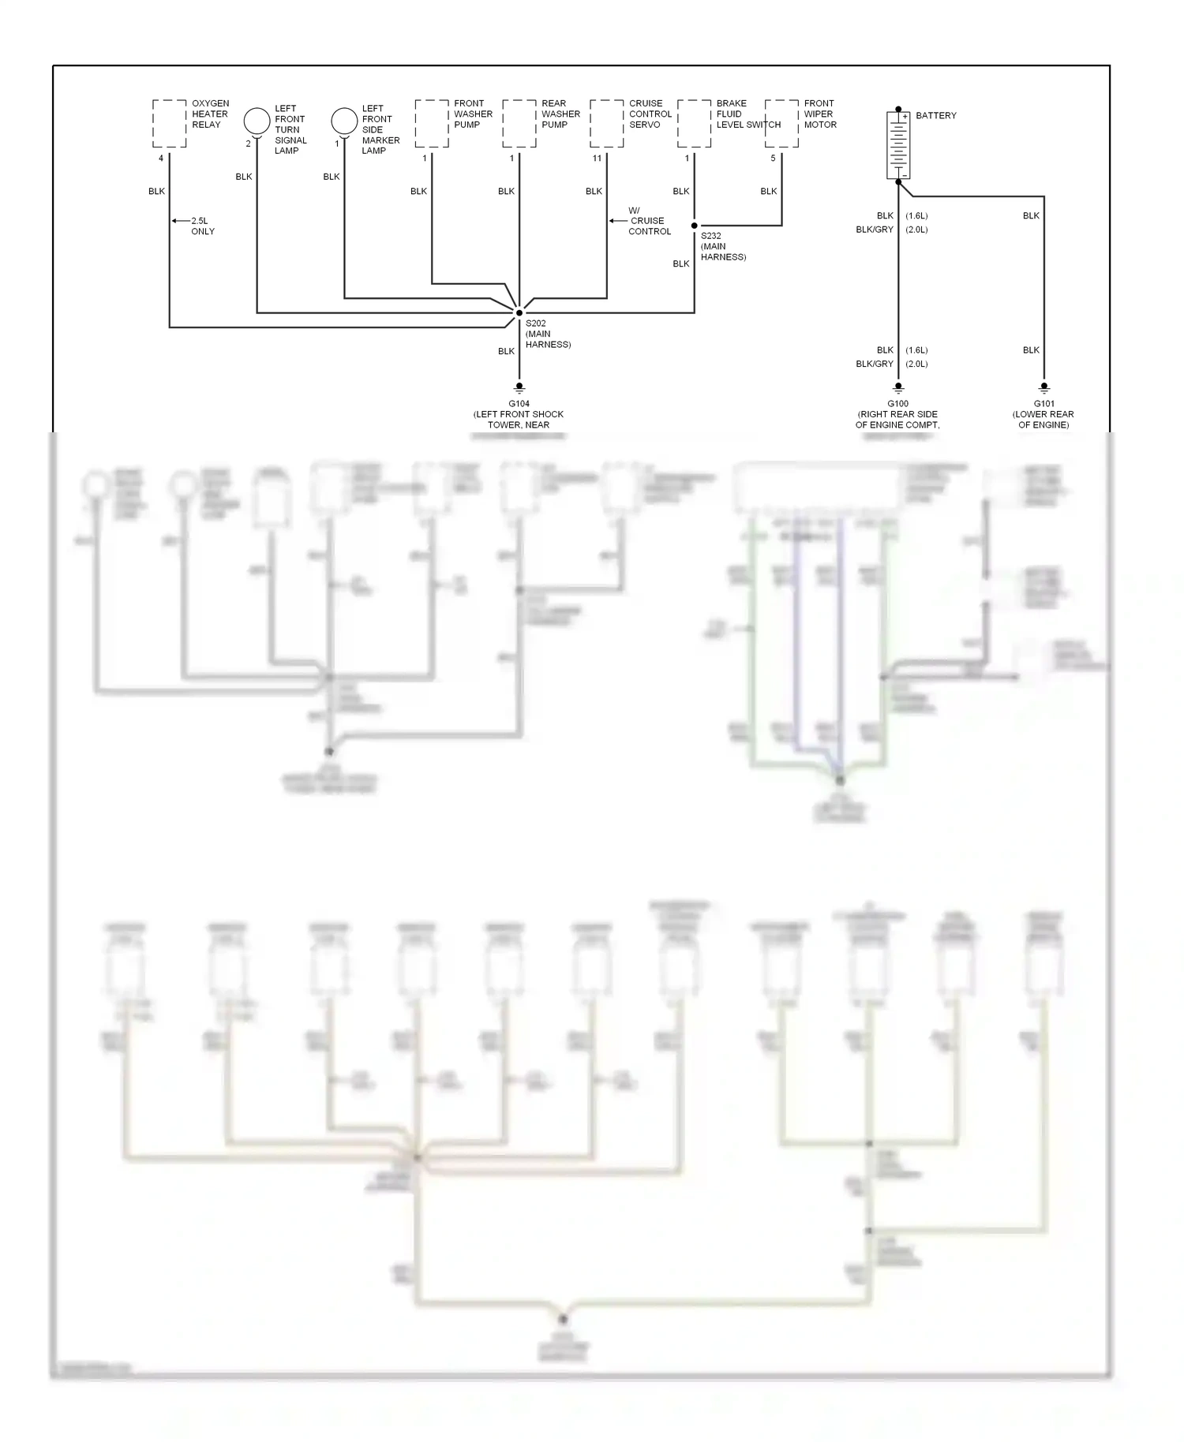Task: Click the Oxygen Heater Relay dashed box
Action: [x=169, y=124]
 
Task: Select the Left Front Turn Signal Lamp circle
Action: [x=257, y=121]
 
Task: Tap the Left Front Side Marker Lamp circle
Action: [x=344, y=121]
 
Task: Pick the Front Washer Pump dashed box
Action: [x=432, y=124]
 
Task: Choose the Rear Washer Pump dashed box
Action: [x=519, y=124]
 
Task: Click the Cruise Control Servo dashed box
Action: [x=606, y=124]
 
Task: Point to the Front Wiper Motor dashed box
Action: [x=781, y=124]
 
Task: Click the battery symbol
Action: [x=898, y=145]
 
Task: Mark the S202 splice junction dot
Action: [x=519, y=313]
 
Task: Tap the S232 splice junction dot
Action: [x=695, y=226]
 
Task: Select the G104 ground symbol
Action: [x=519, y=388]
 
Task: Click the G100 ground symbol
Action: [x=898, y=388]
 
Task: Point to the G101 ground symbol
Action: [x=1043, y=388]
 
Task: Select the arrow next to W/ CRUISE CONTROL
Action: [x=616, y=221]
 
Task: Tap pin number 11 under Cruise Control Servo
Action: [x=597, y=159]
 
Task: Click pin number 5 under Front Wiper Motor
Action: [x=773, y=159]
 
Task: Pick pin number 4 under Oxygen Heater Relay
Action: [x=161, y=159]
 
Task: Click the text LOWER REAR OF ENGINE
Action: [x=1043, y=420]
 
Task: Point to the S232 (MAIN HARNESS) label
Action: [x=722, y=246]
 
